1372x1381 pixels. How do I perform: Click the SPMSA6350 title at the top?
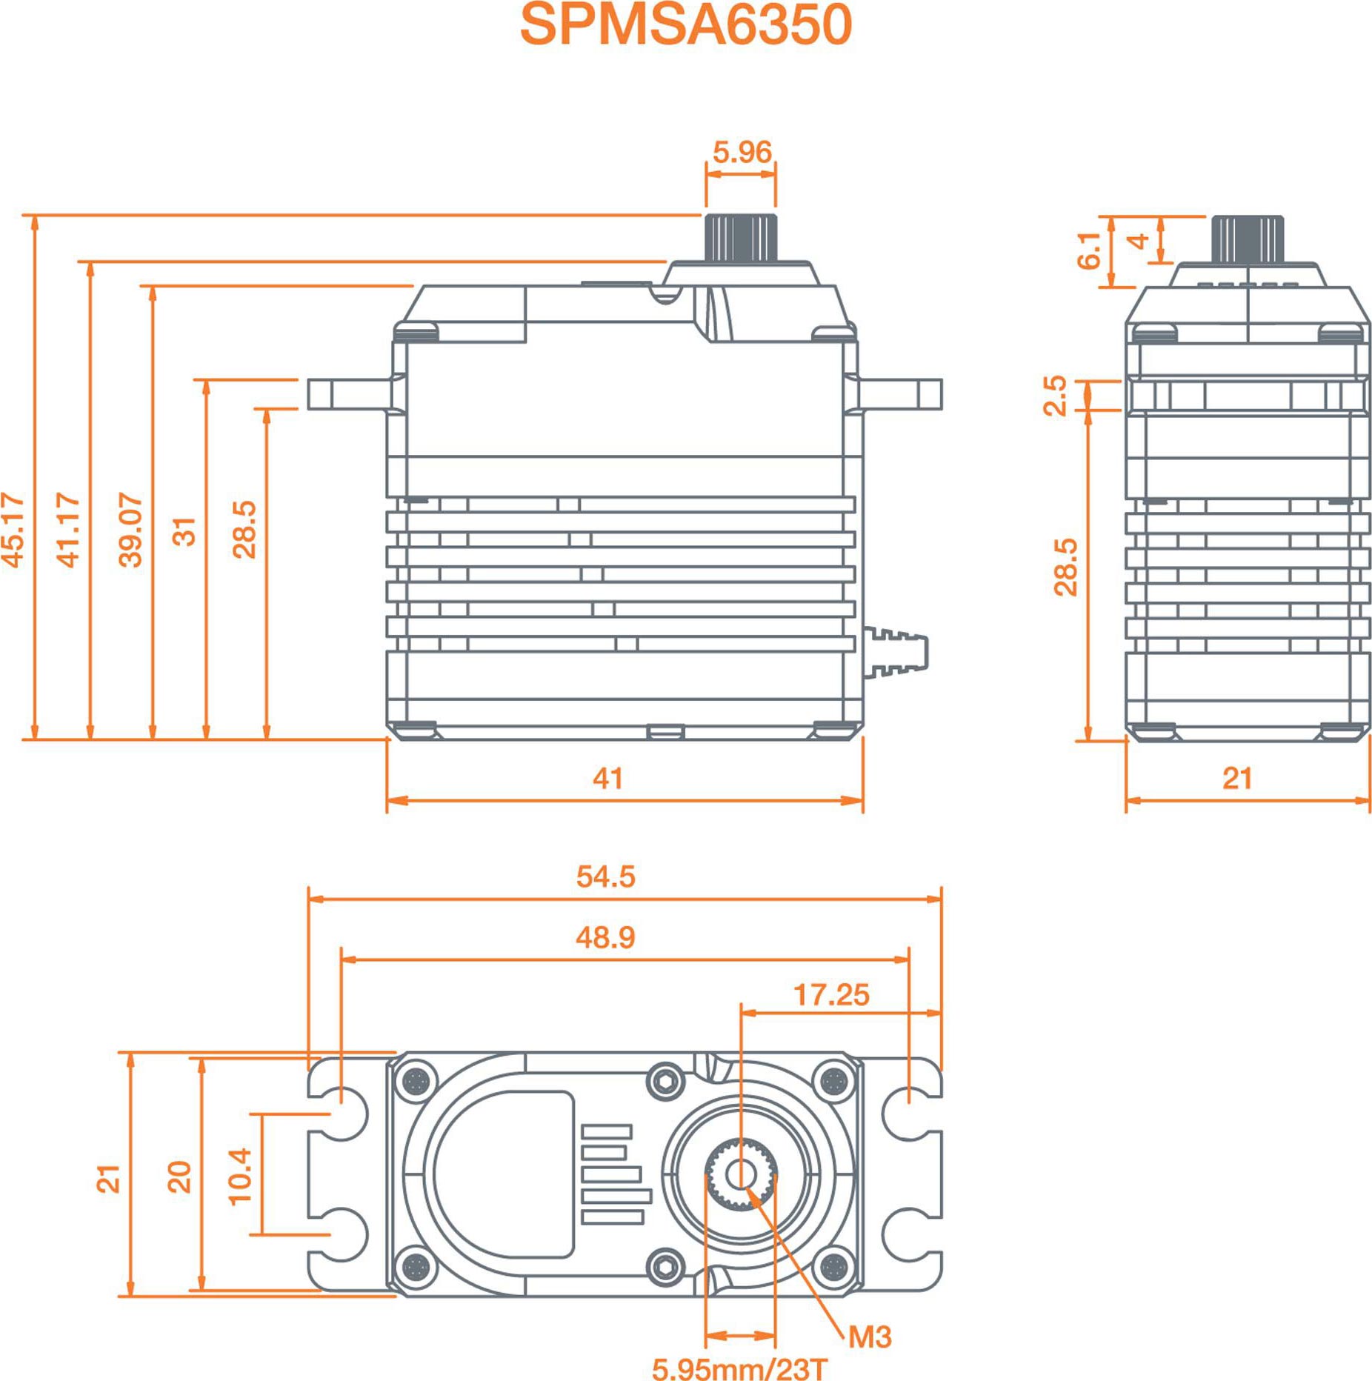(x=686, y=24)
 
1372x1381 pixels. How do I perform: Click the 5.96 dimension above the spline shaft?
(x=742, y=152)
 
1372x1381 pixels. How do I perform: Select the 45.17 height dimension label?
(x=13, y=530)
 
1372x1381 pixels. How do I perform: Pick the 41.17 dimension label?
(x=67, y=530)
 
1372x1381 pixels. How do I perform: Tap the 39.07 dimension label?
(x=130, y=530)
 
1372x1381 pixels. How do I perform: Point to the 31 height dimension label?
(x=184, y=531)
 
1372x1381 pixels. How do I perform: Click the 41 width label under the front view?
(x=607, y=778)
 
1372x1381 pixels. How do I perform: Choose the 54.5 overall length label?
(x=605, y=876)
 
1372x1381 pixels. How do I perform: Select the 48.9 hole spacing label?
(x=605, y=937)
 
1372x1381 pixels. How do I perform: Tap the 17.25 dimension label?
(x=831, y=995)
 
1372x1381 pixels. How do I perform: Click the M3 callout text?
(x=870, y=1337)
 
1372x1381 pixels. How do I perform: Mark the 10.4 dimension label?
(x=240, y=1176)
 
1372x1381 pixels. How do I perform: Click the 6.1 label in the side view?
(x=1089, y=250)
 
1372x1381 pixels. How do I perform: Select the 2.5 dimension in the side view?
(x=1055, y=396)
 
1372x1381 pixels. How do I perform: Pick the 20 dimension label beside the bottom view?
(x=179, y=1177)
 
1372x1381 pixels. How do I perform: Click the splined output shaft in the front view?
(x=741, y=238)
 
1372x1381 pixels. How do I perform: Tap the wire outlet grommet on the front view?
(x=896, y=652)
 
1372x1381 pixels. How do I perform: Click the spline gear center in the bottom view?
(x=740, y=1174)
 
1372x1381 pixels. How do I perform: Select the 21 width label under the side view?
(x=1237, y=778)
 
